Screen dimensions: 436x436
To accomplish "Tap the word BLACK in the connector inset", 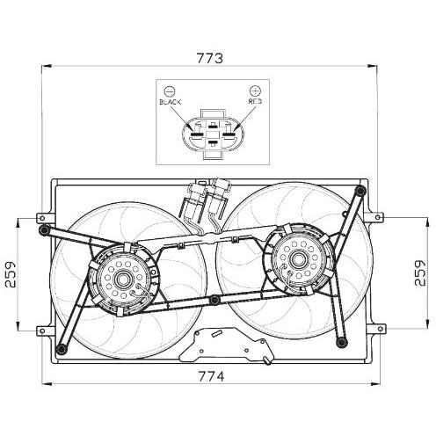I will pos(170,103).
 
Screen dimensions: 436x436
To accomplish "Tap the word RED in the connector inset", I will pos(255,103).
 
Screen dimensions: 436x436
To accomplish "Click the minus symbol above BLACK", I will pos(170,91).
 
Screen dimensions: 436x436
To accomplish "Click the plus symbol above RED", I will pos(255,91).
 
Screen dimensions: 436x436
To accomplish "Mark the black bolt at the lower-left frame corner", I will pos(60,351).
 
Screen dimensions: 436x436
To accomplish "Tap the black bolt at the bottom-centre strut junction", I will pos(214,303).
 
